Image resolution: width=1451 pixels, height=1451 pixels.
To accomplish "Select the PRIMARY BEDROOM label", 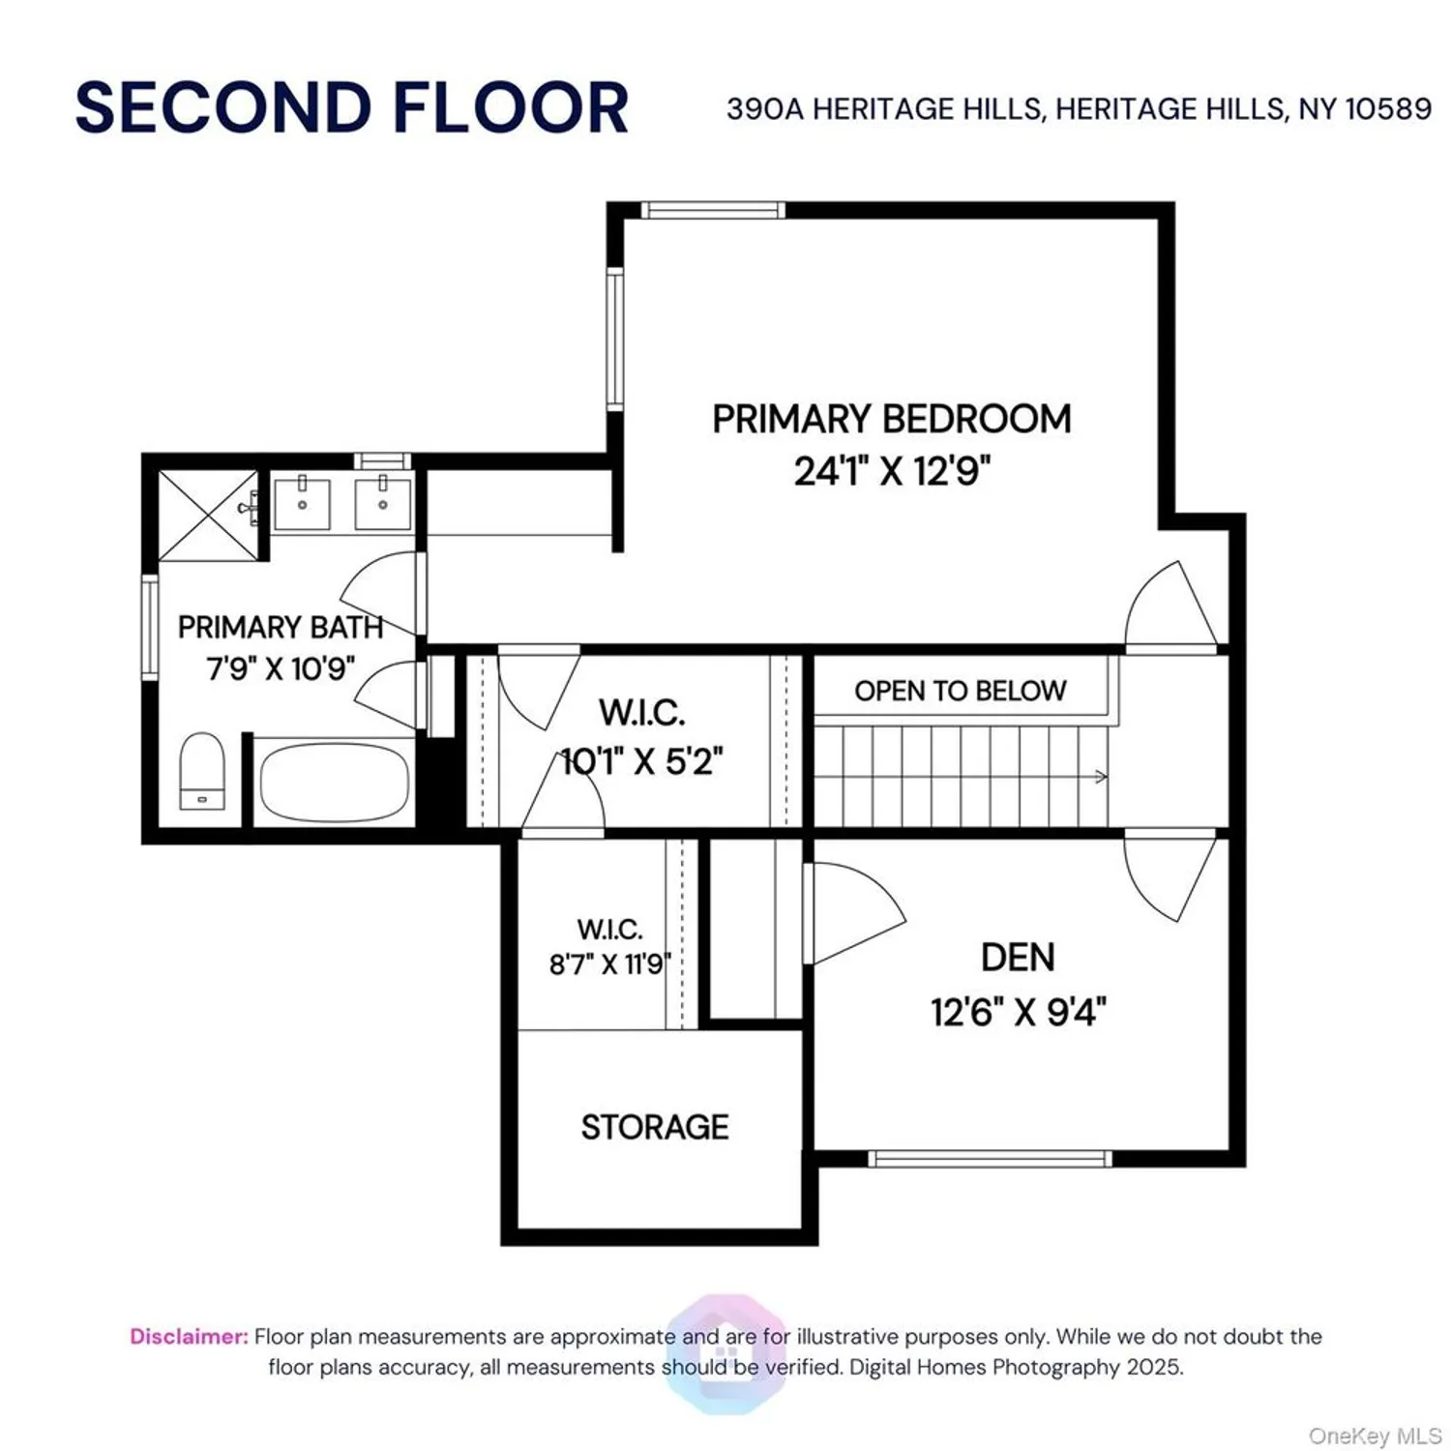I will [891, 419].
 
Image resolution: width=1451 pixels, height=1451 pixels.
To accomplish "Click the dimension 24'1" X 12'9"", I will [891, 472].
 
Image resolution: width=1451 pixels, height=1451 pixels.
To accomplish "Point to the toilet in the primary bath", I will [202, 771].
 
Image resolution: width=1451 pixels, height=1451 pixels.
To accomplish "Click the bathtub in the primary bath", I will [333, 782].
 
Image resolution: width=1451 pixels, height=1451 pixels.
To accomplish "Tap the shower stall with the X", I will [208, 515].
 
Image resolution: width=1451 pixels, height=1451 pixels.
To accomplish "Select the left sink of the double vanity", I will [302, 503].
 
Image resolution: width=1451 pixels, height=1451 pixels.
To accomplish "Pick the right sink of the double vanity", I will [382, 503].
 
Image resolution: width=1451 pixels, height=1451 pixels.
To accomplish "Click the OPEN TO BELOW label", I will [960, 691].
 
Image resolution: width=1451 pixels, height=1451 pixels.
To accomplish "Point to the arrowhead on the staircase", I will [1101, 776].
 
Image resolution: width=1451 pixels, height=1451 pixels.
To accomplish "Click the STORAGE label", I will [654, 1127].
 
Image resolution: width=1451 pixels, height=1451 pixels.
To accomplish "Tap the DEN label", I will [1018, 958].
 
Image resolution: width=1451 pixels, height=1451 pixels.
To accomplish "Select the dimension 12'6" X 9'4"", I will [1018, 1013].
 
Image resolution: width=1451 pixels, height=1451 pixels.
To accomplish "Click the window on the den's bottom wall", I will [989, 1159].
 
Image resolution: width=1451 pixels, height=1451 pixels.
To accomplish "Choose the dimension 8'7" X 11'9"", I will [609, 964].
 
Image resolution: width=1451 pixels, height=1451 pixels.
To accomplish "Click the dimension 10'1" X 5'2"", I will [641, 762].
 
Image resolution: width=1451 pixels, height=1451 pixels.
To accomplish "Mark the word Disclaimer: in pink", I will [189, 1337].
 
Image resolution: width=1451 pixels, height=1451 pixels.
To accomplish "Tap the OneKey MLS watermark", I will [1374, 1436].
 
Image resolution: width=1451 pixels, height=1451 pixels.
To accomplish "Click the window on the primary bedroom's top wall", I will [712, 210].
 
